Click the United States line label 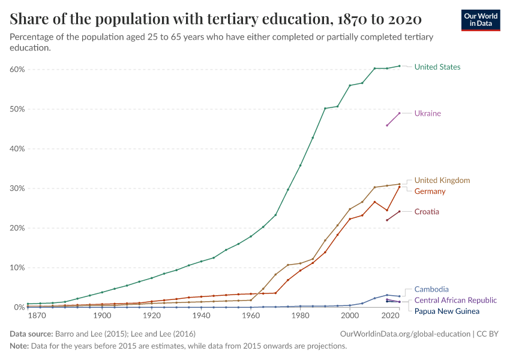click(x=437, y=67)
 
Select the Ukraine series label click(x=427, y=113)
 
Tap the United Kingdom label click(x=442, y=180)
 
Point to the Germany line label click(x=430, y=191)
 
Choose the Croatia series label click(x=427, y=212)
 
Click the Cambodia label click(x=431, y=289)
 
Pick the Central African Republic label click(x=455, y=300)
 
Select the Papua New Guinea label click(x=446, y=311)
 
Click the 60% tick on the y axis click(x=17, y=70)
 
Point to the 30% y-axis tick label click(x=17, y=188)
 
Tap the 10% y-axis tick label click(x=17, y=268)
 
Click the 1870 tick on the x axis click(x=37, y=316)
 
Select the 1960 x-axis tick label click(x=251, y=316)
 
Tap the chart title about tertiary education click(x=215, y=19)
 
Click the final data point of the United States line click(x=399, y=66)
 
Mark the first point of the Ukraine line click(x=387, y=125)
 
